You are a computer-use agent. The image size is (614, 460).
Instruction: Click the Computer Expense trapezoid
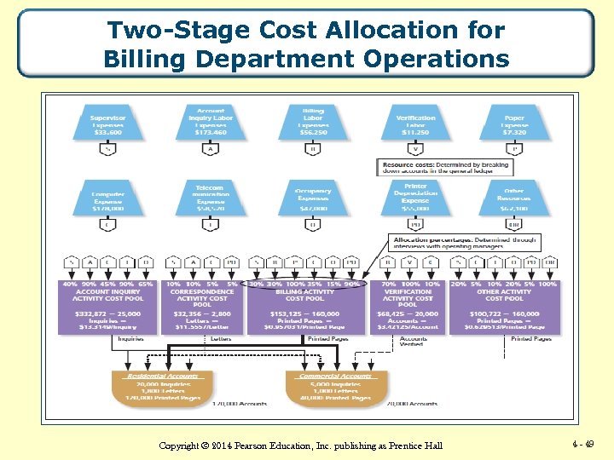coord(108,198)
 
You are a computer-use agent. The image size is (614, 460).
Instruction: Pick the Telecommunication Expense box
coord(210,197)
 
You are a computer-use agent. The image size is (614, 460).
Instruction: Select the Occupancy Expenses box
coord(313,198)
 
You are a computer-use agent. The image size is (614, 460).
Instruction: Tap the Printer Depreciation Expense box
coord(415,197)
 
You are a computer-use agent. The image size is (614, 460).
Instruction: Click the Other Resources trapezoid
coord(514,198)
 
